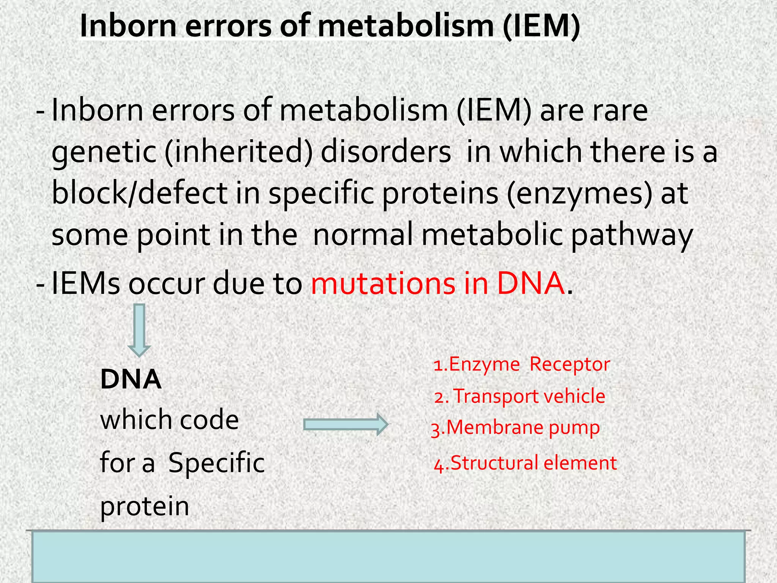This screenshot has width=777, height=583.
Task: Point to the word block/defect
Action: coord(139,193)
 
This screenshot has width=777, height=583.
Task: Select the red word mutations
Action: coord(383,284)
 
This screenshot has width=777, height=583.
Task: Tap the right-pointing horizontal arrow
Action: coord(346,424)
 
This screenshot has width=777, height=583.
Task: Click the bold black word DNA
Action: coord(131,380)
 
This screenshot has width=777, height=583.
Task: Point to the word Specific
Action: coord(216,463)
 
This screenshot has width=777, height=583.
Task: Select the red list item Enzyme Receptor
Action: coord(522,364)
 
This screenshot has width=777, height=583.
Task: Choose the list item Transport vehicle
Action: coord(520,397)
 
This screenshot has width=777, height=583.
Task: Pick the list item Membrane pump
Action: coord(516,428)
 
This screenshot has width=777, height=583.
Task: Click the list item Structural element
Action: coord(525,463)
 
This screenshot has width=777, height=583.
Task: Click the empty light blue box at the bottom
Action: coord(388,556)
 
